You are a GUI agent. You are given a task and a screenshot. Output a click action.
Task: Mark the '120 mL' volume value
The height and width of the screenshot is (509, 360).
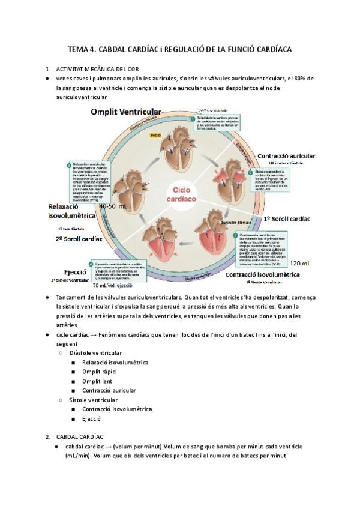[x=299, y=263]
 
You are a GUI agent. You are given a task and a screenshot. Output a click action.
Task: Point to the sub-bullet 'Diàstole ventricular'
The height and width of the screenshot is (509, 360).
[x=95, y=353]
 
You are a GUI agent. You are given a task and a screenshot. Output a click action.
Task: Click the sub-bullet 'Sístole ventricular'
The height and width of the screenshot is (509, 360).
[x=94, y=400]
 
